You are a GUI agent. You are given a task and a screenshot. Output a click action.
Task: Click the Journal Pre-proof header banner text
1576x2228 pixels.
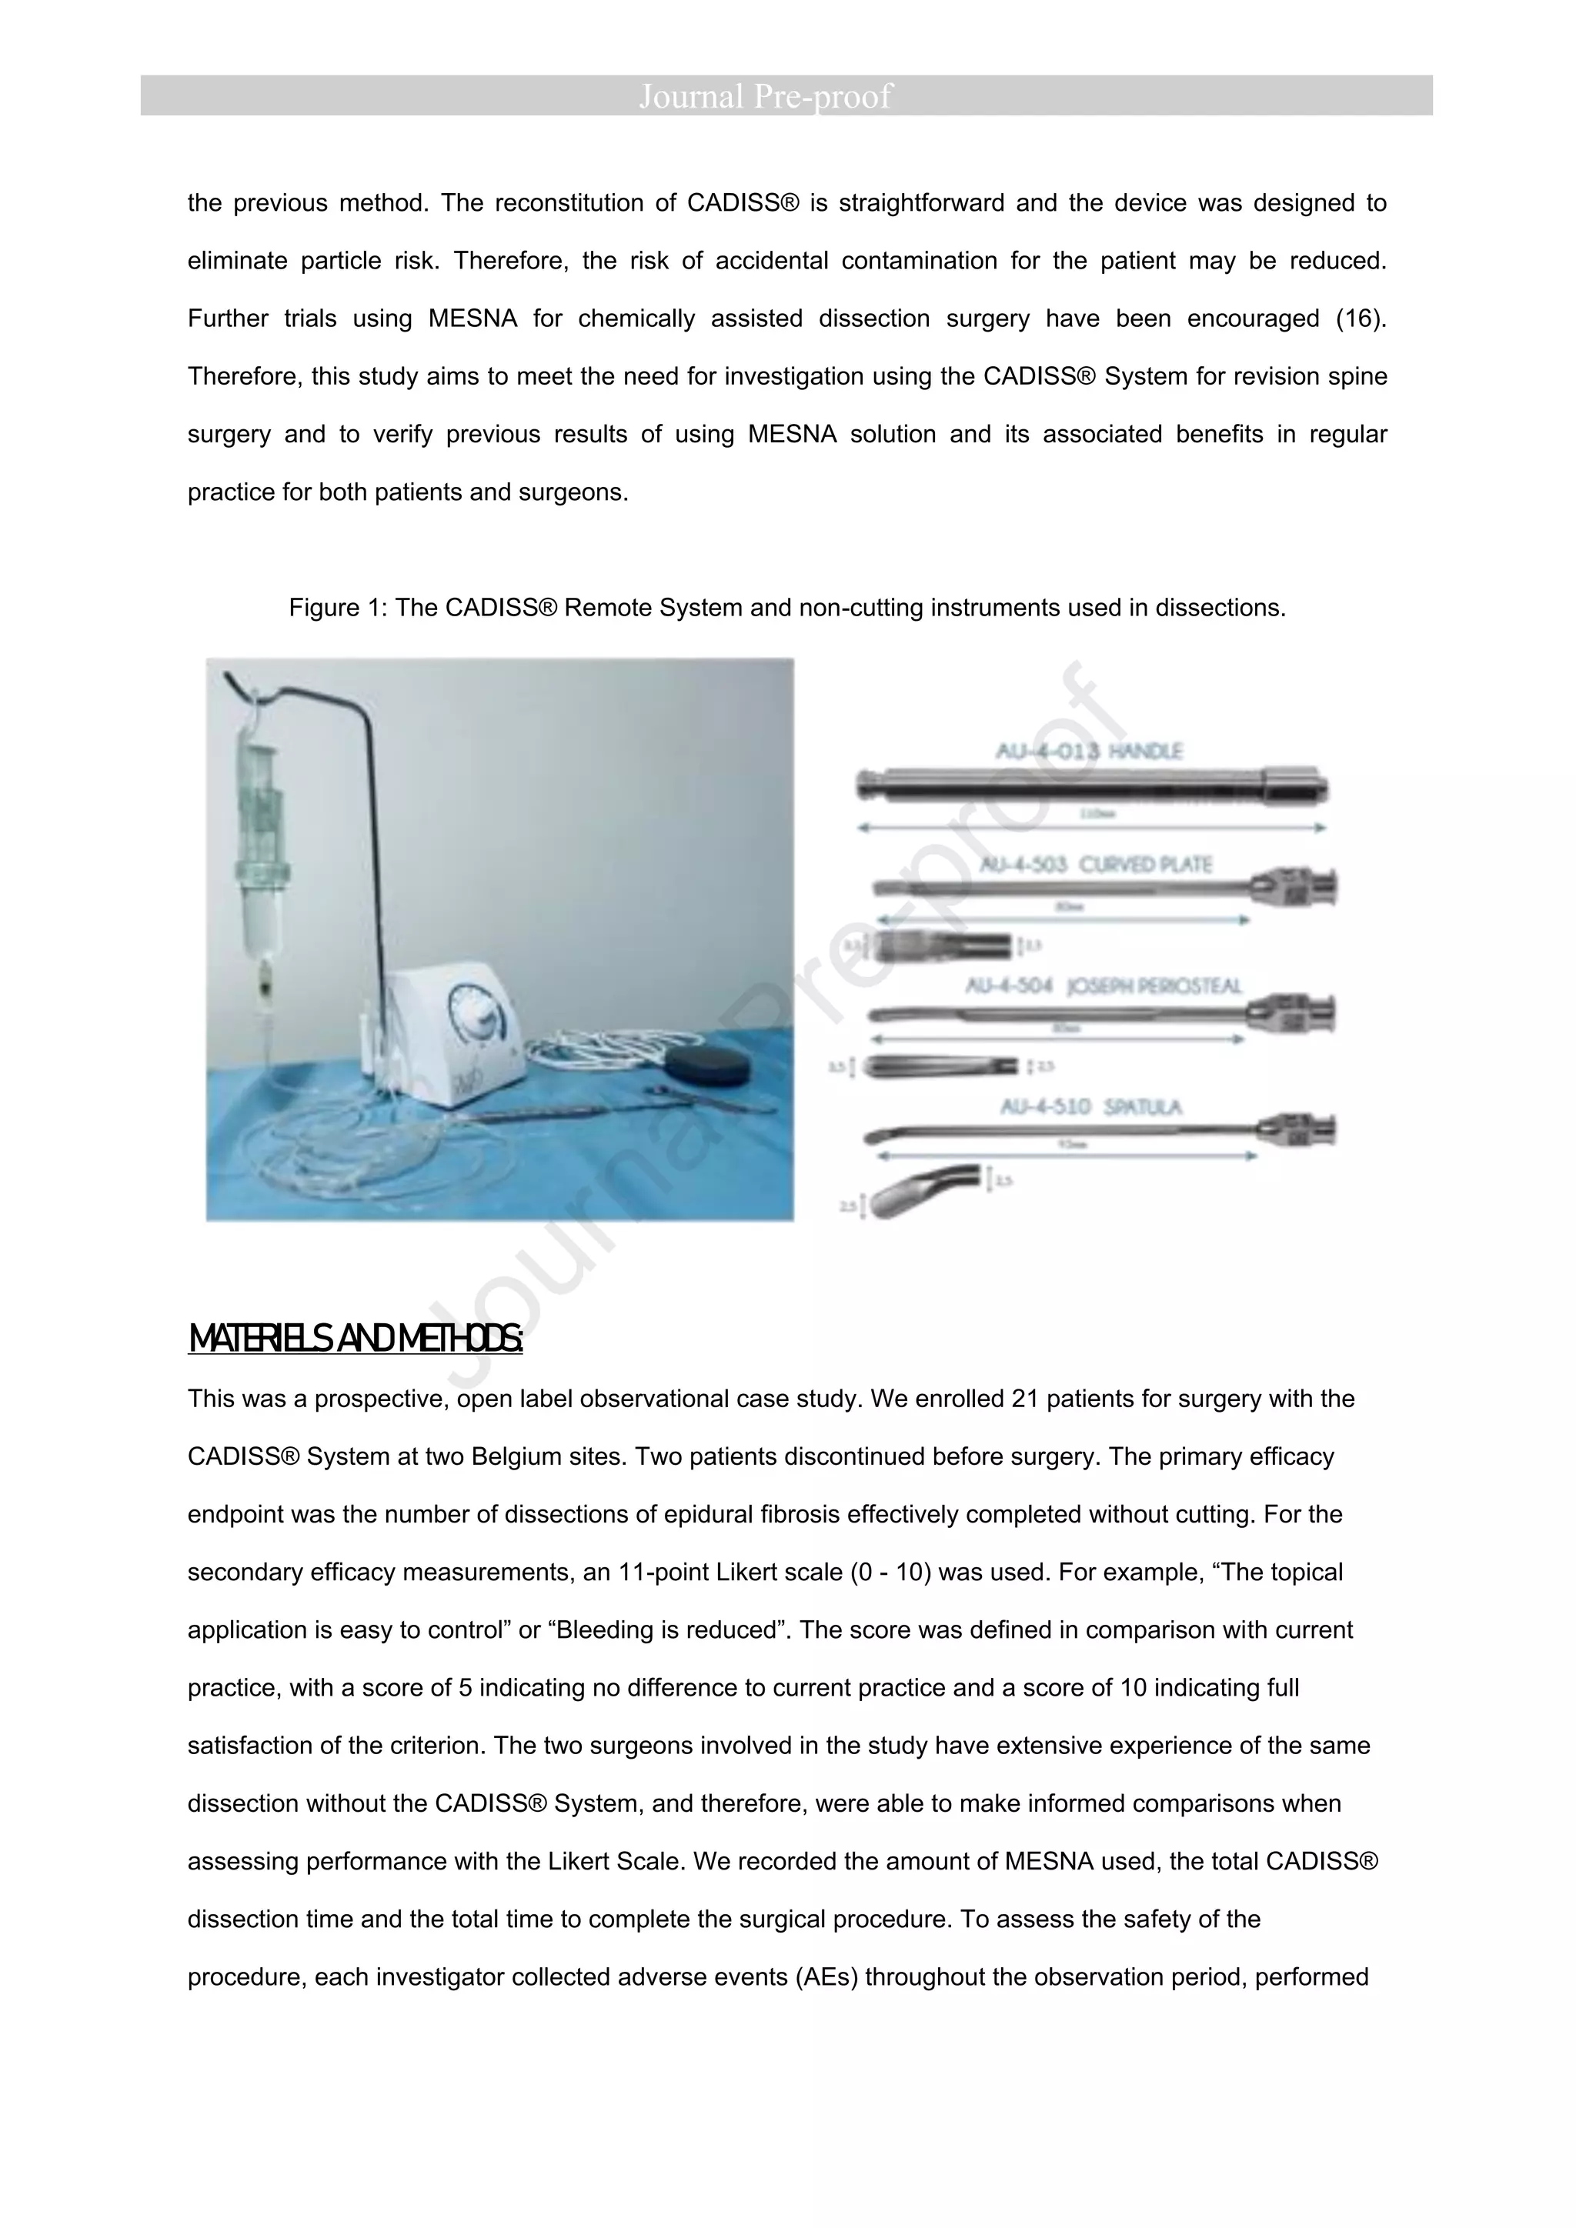(765, 96)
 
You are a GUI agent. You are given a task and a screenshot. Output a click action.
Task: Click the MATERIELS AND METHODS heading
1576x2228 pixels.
(356, 1339)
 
